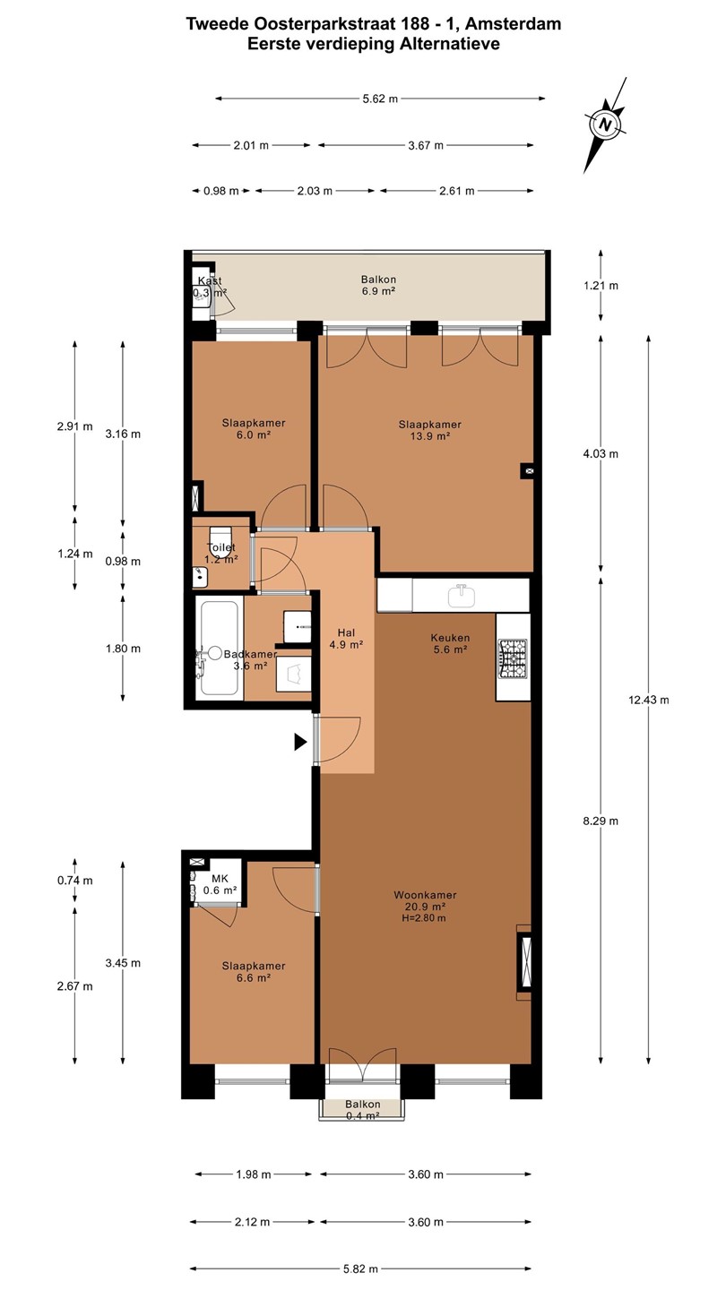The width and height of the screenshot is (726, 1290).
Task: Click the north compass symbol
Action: pyautogui.click(x=605, y=125)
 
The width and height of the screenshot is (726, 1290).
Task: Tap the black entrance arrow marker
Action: pyautogui.click(x=300, y=743)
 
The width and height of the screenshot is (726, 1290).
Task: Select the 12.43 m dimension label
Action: pyautogui.click(x=649, y=700)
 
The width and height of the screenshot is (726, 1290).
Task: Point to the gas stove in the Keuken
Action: pyautogui.click(x=513, y=658)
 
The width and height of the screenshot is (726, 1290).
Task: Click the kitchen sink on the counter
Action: pyautogui.click(x=462, y=596)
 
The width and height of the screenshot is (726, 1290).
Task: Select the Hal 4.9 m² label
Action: pyautogui.click(x=346, y=639)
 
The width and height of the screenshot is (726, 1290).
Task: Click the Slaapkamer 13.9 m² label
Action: pyautogui.click(x=430, y=430)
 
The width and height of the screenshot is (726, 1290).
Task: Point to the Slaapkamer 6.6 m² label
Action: pyautogui.click(x=254, y=971)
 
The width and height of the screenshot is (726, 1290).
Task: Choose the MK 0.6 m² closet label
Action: pyautogui.click(x=220, y=884)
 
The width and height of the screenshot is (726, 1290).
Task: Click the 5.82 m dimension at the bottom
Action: pyautogui.click(x=360, y=1268)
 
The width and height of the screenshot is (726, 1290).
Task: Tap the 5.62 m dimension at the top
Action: pyautogui.click(x=380, y=99)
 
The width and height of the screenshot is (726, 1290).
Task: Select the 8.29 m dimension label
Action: pyautogui.click(x=601, y=821)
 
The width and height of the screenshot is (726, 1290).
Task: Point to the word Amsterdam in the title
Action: pyautogui.click(x=513, y=23)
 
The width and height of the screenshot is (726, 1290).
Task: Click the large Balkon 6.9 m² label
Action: pyautogui.click(x=378, y=285)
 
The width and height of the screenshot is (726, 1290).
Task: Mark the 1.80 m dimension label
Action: pyautogui.click(x=123, y=649)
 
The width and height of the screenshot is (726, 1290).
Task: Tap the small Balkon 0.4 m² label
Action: pyautogui.click(x=362, y=1110)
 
